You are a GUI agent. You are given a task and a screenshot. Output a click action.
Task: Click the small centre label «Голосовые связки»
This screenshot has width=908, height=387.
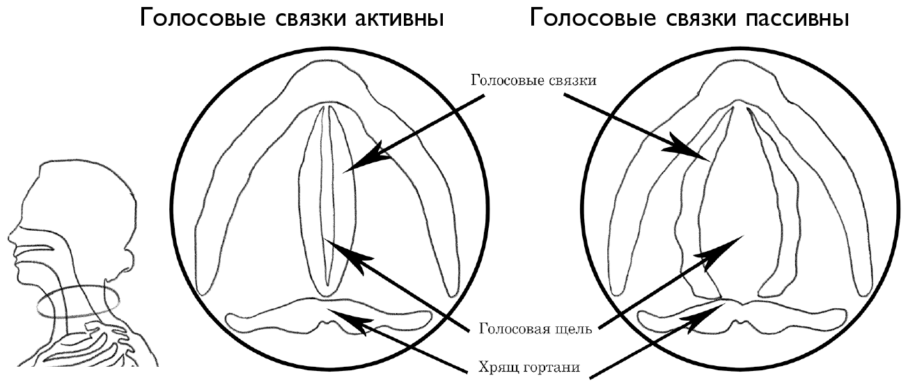click(533, 79)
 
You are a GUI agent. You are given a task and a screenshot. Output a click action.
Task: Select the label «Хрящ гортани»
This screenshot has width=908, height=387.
click(531, 367)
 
